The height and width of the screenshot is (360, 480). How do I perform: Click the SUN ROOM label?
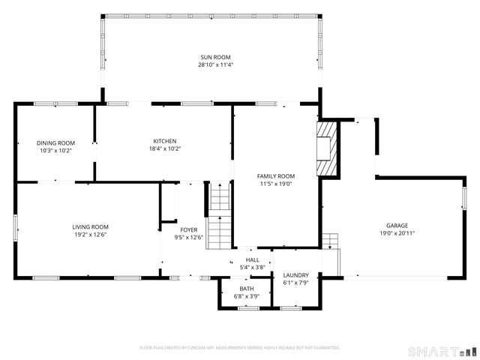pyautogui.click(x=215, y=57)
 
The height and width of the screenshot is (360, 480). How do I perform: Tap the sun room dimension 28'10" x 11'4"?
pyautogui.click(x=215, y=64)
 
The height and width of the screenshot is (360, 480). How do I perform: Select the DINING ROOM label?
pyautogui.click(x=56, y=142)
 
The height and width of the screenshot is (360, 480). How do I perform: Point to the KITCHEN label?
pyautogui.click(x=165, y=141)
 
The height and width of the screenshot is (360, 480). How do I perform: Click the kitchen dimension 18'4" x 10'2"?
pyautogui.click(x=165, y=148)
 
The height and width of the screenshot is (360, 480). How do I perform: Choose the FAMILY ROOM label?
pyautogui.click(x=275, y=176)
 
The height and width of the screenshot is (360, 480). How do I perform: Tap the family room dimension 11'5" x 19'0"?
pyautogui.click(x=275, y=184)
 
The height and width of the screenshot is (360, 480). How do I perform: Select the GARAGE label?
pyautogui.click(x=397, y=225)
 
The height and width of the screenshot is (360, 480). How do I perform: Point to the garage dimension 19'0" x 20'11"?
pyautogui.click(x=397, y=233)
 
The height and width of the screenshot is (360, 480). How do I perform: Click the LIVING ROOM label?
pyautogui.click(x=90, y=226)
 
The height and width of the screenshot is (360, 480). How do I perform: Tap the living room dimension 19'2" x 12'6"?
pyautogui.click(x=90, y=235)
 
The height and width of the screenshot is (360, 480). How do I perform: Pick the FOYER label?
pyautogui.click(x=189, y=230)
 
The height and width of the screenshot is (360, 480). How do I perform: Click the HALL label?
pyautogui.click(x=252, y=259)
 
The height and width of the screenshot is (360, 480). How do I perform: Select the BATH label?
pyautogui.click(x=247, y=289)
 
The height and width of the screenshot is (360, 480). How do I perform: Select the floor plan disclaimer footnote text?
pyautogui.click(x=240, y=347)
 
